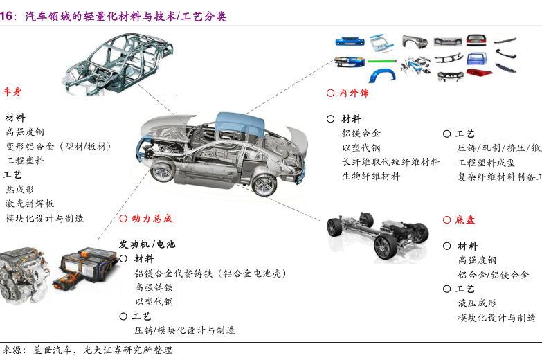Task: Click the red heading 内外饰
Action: (354, 93)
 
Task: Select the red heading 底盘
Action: (465, 219)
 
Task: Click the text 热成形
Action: (19, 189)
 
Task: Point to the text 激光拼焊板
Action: (30, 204)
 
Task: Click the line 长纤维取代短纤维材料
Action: (390, 162)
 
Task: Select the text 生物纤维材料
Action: (371, 176)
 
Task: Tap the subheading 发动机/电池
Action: (147, 244)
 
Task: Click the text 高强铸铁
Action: (154, 287)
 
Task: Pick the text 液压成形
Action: (477, 303)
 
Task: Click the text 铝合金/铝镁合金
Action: (493, 275)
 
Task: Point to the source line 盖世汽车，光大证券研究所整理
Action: (98, 350)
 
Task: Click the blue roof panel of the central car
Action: (240, 125)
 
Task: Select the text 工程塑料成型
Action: (487, 162)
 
